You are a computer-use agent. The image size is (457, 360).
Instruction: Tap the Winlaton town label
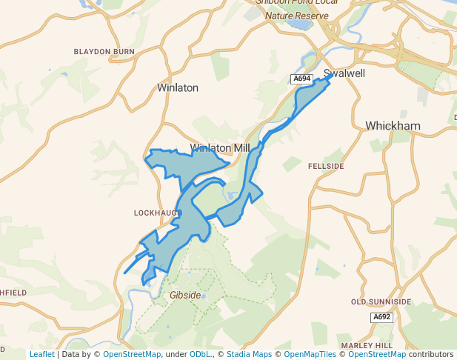coord(178,87)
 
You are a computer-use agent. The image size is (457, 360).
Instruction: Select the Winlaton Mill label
coord(220,148)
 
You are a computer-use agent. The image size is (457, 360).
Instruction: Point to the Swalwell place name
coord(346,74)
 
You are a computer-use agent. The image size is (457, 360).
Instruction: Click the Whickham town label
coord(393,126)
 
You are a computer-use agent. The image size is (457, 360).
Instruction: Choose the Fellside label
coord(326,167)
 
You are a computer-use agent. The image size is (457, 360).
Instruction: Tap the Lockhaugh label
coord(158,213)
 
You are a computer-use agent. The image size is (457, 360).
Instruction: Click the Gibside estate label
coord(185,295)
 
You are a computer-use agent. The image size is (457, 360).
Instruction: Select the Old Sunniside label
coord(381,302)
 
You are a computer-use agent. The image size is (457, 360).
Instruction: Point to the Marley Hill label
coord(366,346)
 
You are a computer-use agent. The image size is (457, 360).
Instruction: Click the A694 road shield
coord(301,79)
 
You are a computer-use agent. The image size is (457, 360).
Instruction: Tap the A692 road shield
coord(381,317)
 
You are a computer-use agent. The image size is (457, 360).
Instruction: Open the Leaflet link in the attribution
coord(41,354)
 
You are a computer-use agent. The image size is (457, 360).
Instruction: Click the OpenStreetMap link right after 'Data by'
coord(131,354)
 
